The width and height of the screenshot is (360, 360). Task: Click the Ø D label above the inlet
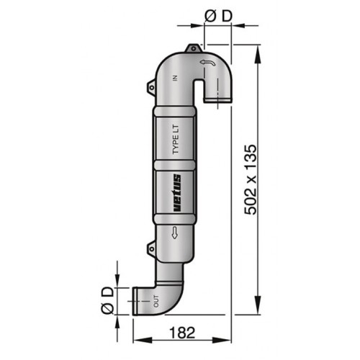(x=218, y=16)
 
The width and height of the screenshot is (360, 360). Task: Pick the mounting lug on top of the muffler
(x=192, y=49)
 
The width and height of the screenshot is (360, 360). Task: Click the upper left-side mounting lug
(x=151, y=88)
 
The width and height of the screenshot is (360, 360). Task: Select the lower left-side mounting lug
(x=151, y=248)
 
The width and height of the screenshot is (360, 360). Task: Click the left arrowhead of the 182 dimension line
(x=137, y=339)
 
